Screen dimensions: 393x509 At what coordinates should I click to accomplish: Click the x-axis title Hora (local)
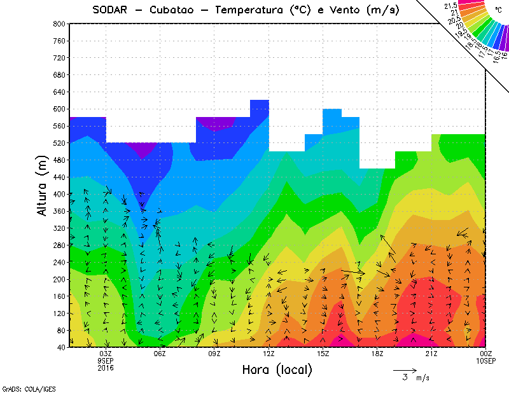[x=277, y=370]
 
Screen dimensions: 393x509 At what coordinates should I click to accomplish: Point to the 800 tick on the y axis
[x=59, y=24]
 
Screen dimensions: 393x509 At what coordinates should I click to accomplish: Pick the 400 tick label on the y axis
[x=59, y=194]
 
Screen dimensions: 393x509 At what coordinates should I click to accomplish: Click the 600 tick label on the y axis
[x=59, y=109]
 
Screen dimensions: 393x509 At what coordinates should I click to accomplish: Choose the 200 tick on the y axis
[x=59, y=279]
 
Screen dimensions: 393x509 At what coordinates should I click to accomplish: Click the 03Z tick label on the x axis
[x=106, y=354]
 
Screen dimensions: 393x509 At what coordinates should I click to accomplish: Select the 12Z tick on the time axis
[x=268, y=354]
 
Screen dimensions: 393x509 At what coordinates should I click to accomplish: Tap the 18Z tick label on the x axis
[x=377, y=354]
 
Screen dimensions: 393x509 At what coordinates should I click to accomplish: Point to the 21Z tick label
[x=431, y=354]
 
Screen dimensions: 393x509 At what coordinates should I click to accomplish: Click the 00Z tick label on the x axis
[x=485, y=354]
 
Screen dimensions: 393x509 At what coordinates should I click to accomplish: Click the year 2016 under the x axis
[x=106, y=368]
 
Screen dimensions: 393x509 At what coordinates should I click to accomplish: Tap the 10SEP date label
[x=485, y=361]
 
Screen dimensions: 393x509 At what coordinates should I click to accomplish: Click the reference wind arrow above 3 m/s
[x=405, y=369]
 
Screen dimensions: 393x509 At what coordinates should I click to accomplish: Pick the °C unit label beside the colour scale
[x=498, y=10]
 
